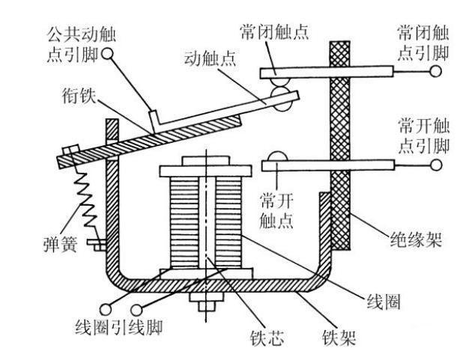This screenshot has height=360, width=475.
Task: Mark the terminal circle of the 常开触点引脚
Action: point(433,163)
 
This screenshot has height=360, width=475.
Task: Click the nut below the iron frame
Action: point(203,305)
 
